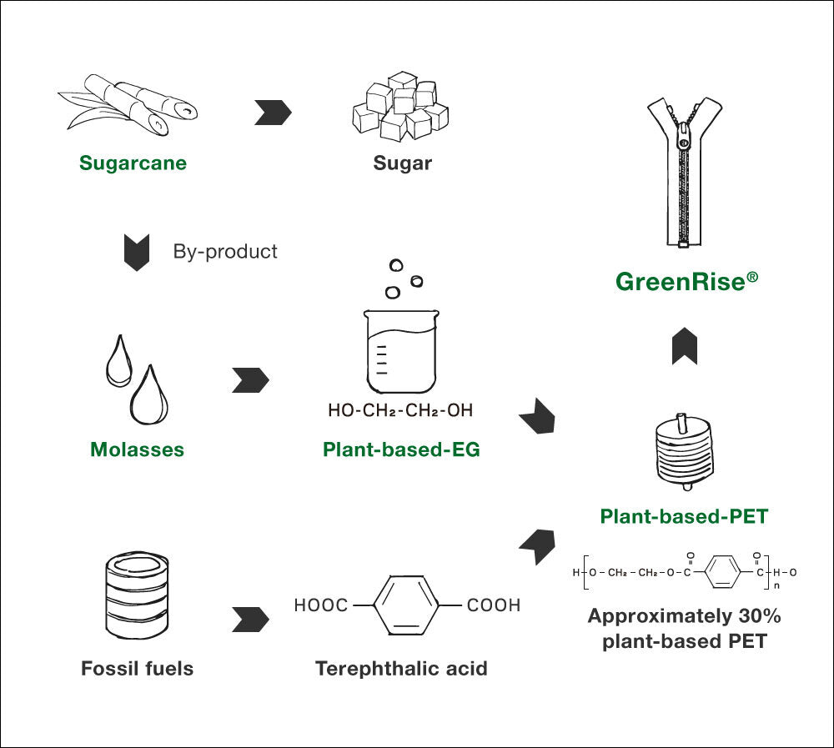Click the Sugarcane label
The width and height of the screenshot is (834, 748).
tap(133, 163)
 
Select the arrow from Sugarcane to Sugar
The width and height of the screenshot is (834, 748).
tap(272, 113)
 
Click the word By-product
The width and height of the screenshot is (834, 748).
tap(225, 251)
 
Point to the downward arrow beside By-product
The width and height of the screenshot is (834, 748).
tap(136, 252)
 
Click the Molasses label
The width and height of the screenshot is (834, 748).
tap(137, 450)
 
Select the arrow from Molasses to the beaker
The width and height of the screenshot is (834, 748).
tap(250, 379)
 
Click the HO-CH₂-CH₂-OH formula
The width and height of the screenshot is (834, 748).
tap(400, 410)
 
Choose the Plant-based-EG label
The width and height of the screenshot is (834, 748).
tap(401, 450)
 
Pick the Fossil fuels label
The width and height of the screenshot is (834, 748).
tap(137, 669)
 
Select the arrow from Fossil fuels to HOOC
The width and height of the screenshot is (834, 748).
tap(250, 620)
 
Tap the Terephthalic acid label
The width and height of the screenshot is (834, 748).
tap(401, 669)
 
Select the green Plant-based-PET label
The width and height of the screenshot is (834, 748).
tap(684, 517)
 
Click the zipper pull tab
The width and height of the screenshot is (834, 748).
tap(685, 138)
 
